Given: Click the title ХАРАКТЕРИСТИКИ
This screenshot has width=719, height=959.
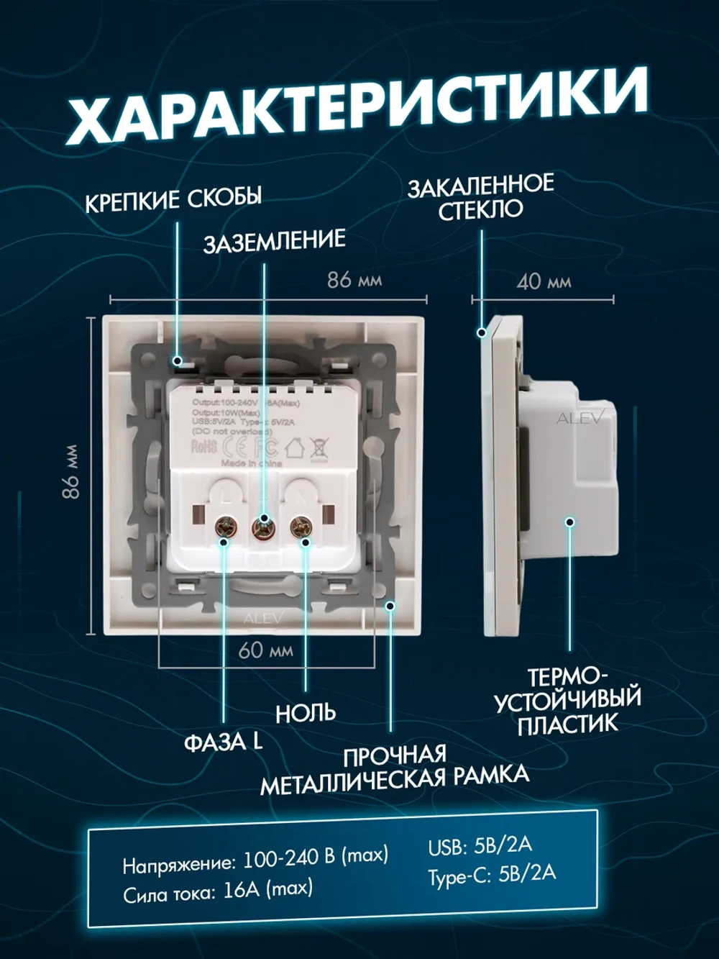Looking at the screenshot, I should [357, 109].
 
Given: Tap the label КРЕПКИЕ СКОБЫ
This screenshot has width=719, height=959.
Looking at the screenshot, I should [173, 199].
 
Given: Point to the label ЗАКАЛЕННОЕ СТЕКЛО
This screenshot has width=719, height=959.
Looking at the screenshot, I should [480, 196].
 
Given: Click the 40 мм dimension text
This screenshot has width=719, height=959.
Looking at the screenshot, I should [543, 281].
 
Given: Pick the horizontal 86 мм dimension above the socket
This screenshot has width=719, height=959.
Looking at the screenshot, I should [354, 279].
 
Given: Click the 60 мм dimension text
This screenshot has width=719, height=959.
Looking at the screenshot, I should [265, 650].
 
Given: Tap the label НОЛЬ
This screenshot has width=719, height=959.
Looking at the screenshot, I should [306, 712].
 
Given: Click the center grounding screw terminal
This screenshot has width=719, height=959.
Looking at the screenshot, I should [264, 529].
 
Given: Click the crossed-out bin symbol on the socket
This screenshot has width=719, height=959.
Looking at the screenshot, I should [317, 449].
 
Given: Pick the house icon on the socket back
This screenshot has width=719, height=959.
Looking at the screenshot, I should [295, 449].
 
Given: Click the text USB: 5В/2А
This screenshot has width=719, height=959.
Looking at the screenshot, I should [480, 846].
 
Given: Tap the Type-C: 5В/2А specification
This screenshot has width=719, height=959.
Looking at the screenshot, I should [492, 874].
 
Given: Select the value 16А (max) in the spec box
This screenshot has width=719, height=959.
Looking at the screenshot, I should [267, 890].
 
